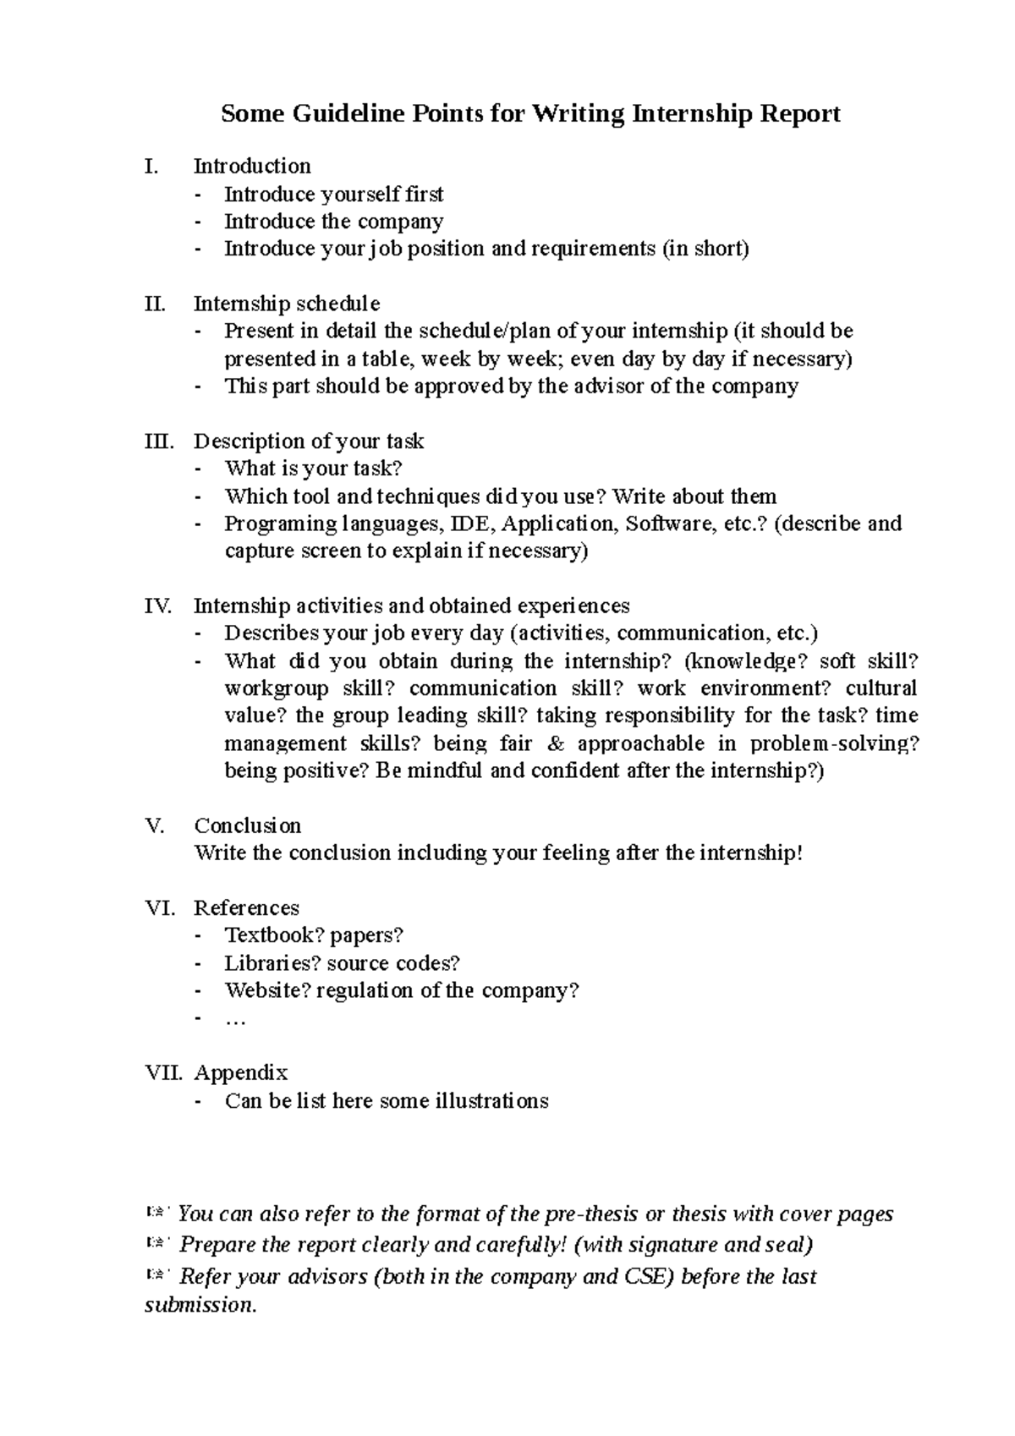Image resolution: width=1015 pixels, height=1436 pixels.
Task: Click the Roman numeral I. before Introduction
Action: [151, 166]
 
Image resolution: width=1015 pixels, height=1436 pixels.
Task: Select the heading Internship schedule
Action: [287, 304]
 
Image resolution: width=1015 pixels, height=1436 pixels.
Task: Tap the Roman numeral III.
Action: [159, 441]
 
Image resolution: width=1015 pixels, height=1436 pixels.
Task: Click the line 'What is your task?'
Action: [313, 469]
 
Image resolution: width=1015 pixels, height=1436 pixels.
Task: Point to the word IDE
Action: [470, 523]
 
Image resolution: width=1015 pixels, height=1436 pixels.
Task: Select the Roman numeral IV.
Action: [158, 606]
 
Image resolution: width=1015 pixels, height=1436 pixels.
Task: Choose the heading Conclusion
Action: [247, 826]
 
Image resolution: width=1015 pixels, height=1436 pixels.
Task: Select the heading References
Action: [246, 908]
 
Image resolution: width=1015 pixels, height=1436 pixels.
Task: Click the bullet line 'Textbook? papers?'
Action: [314, 935]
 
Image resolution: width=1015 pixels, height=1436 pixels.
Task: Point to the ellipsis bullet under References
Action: [235, 1020]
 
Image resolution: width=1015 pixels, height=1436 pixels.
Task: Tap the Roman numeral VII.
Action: [163, 1073]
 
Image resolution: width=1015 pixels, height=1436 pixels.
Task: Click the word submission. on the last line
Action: [200, 1305]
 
